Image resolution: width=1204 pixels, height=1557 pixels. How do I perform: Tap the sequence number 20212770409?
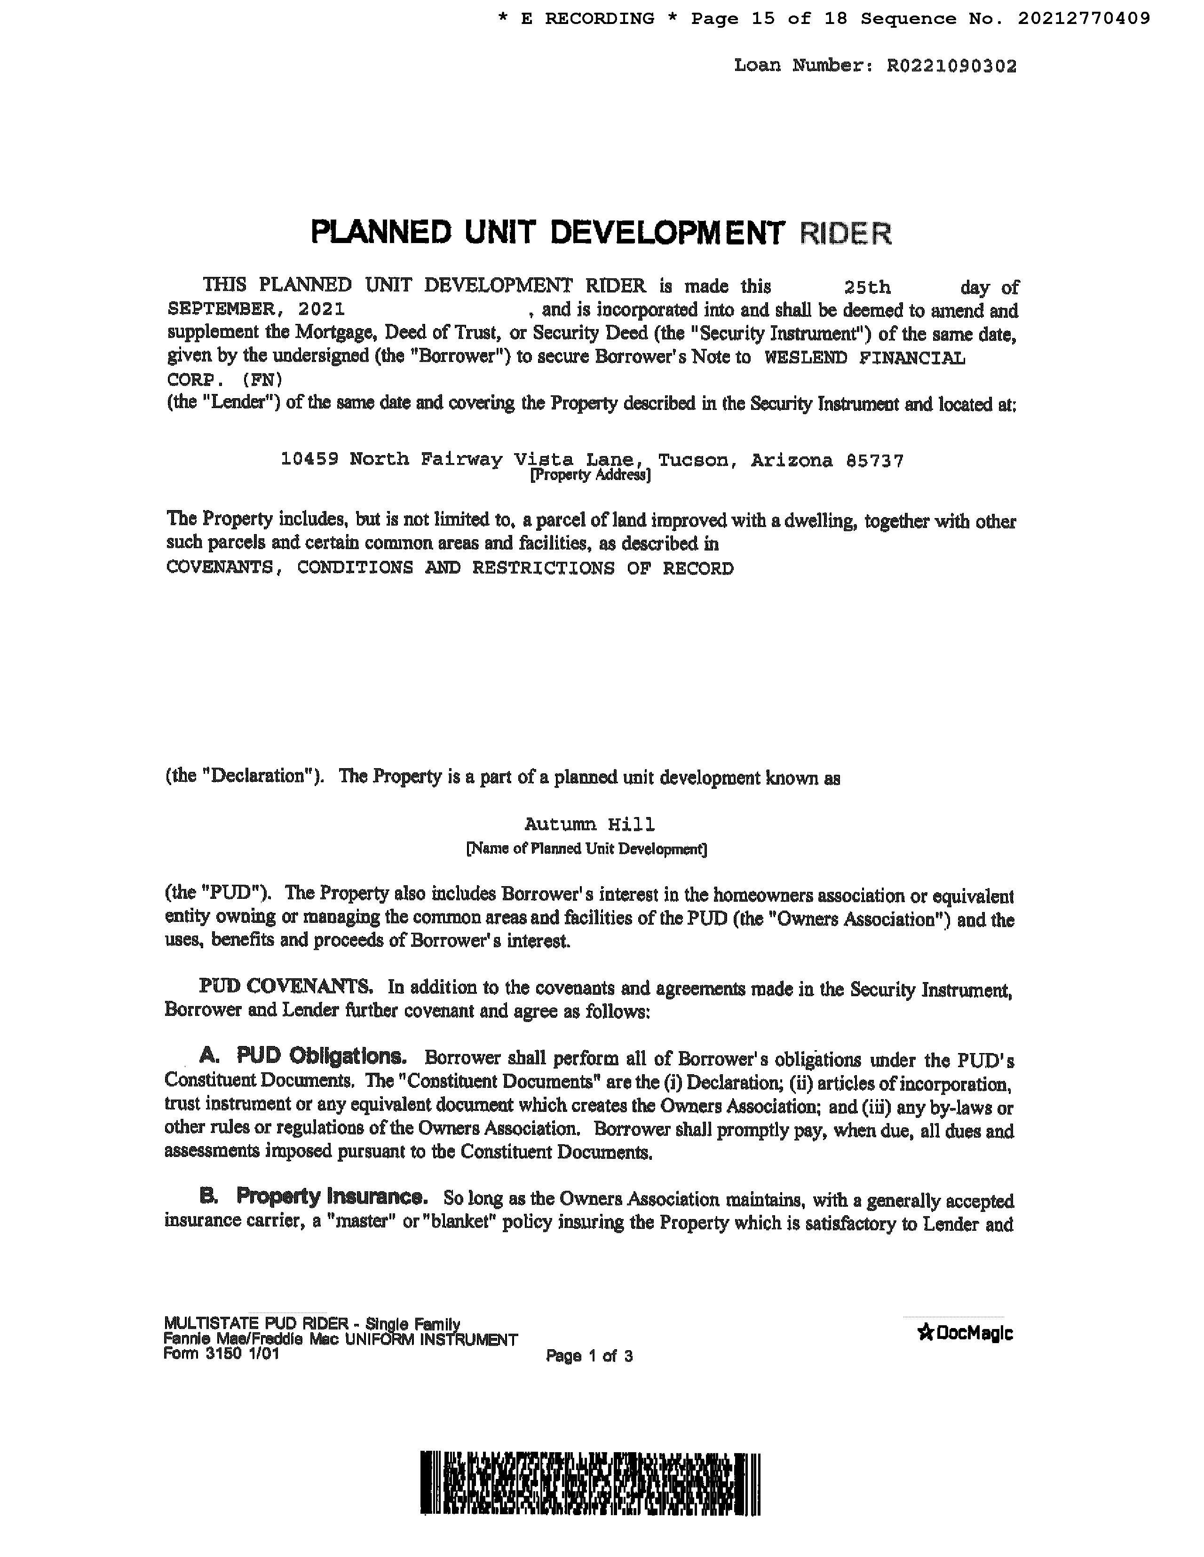pyautogui.click(x=1084, y=18)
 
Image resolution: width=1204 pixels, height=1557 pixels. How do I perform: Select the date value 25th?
pyautogui.click(x=867, y=287)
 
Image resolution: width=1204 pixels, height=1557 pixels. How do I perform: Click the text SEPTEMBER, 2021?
pyautogui.click(x=256, y=309)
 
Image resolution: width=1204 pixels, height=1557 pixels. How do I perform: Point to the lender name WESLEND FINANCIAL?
pyautogui.click(x=864, y=357)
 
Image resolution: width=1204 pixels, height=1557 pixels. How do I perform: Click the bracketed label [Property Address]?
pyautogui.click(x=590, y=475)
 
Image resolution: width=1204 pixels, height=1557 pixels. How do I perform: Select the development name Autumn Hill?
pyautogui.click(x=590, y=825)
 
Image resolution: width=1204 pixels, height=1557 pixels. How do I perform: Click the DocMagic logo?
pyautogui.click(x=965, y=1332)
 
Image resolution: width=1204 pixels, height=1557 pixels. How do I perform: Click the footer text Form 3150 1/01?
pyautogui.click(x=221, y=1354)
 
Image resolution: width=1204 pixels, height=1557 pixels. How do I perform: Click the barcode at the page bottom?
pyautogui.click(x=591, y=1483)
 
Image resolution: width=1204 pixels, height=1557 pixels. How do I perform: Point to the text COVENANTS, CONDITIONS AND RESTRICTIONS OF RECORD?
pyautogui.click(x=449, y=568)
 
